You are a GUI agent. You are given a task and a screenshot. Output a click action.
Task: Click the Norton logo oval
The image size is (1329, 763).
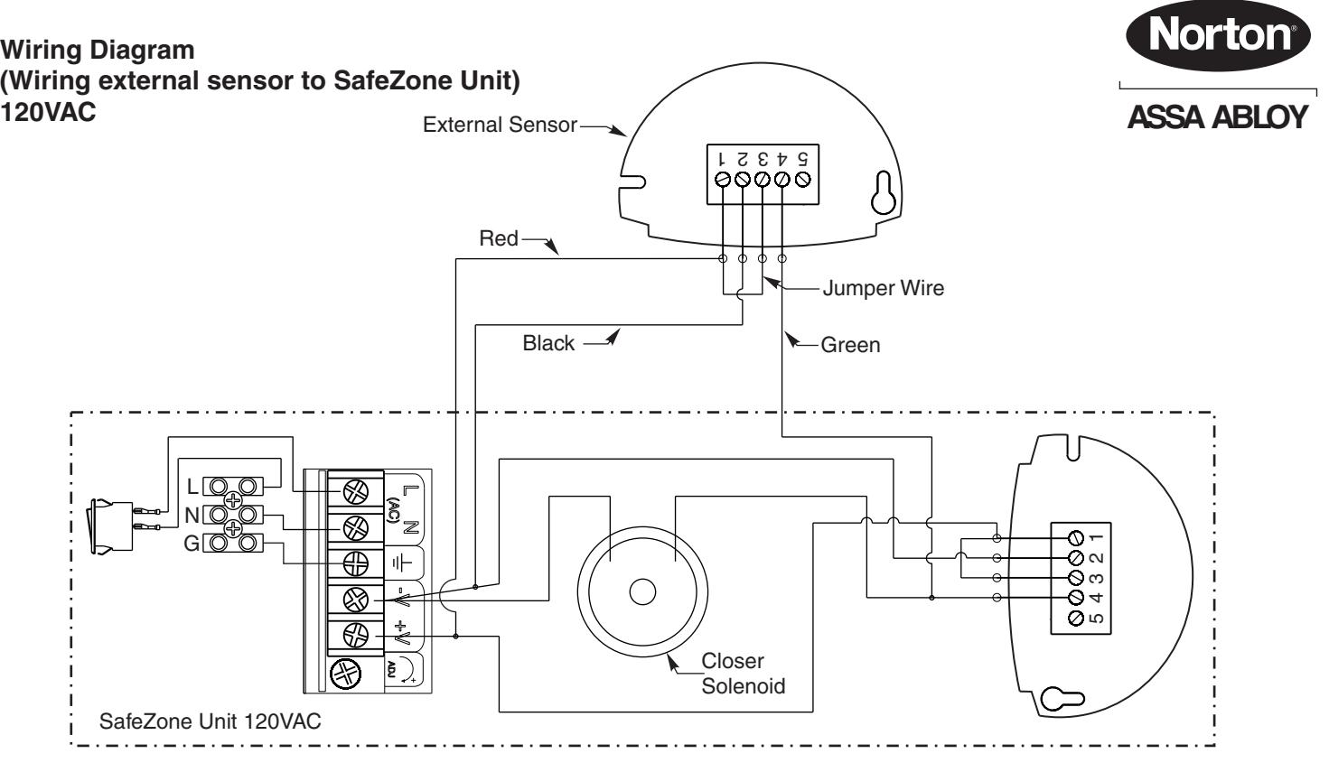pos(1218,35)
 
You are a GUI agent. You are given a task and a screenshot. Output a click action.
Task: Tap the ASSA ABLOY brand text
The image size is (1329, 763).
pos(1218,116)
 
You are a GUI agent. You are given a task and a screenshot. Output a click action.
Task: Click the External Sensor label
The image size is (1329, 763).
pos(500,125)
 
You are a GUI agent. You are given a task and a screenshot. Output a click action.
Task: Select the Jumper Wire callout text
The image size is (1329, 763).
pos(883,288)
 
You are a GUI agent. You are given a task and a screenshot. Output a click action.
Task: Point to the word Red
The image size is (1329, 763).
pos(499,238)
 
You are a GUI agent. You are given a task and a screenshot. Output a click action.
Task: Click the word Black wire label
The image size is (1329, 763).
pos(548,343)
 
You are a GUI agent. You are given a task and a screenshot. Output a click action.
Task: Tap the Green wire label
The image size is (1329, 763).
pos(850,345)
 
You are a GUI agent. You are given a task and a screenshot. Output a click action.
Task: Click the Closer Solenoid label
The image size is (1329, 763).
pos(743,674)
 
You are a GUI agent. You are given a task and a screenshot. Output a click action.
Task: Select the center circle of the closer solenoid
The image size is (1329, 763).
pos(642,591)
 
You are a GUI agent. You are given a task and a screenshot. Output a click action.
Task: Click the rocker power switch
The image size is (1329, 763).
pos(111,526)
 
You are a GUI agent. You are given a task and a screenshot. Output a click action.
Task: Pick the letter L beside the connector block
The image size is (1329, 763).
pos(192,487)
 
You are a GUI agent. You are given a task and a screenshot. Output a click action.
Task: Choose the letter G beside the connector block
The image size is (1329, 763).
pos(192,543)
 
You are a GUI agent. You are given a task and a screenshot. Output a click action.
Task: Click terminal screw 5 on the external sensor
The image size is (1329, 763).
pos(802,179)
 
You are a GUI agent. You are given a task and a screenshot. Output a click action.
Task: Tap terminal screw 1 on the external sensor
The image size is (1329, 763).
pos(723,179)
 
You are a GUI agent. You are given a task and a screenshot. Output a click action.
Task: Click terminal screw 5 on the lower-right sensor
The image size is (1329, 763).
pos(1076,618)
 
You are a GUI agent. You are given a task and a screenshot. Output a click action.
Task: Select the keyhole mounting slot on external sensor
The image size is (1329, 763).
pos(884,192)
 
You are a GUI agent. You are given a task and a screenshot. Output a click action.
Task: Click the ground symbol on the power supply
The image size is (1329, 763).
pos(404,563)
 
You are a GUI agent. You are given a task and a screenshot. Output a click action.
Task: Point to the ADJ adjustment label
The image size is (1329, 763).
pos(391,670)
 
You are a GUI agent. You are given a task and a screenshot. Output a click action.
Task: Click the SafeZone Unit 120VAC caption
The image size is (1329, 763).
pos(210,721)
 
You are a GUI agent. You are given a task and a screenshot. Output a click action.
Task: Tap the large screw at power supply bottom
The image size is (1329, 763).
pos(345,675)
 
